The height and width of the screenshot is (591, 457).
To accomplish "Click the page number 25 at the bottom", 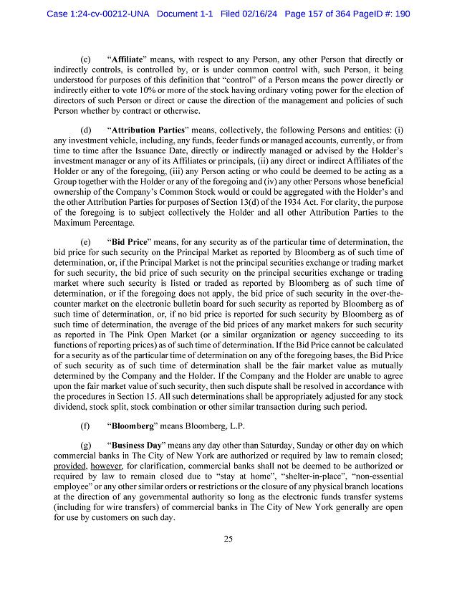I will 228,540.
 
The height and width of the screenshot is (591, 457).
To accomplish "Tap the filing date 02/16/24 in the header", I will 259,14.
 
